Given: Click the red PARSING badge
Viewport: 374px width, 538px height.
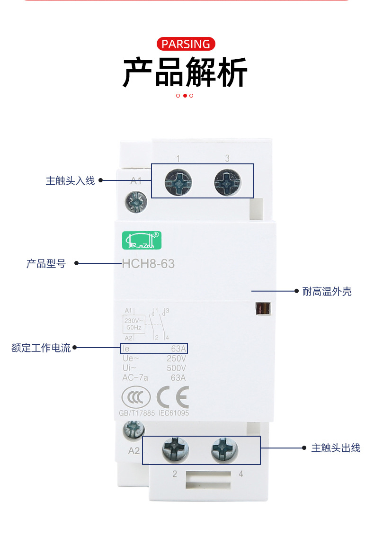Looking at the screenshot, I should [x=186, y=44].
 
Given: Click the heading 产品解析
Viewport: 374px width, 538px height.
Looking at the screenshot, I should [x=186, y=72].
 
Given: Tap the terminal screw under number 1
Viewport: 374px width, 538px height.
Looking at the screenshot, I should [x=178, y=181].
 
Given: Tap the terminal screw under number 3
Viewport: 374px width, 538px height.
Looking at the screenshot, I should [x=227, y=181].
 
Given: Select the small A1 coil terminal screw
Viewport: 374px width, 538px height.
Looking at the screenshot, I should [x=136, y=203].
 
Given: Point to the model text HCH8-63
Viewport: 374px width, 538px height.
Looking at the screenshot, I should [x=148, y=263].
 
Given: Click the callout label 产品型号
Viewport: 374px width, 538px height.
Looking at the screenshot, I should [x=46, y=264].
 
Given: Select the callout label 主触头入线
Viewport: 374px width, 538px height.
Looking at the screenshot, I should [x=70, y=180].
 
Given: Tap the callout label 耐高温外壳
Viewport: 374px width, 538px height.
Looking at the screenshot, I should [x=327, y=291].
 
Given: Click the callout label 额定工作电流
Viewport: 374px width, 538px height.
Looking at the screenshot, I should [x=41, y=348].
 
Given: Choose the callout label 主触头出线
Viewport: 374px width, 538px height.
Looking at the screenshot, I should [x=335, y=448].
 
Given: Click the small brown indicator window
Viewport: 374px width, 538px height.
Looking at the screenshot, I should [x=262, y=309].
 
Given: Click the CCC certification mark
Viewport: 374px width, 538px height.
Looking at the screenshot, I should [x=136, y=397].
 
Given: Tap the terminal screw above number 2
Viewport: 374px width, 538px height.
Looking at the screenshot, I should [x=175, y=449].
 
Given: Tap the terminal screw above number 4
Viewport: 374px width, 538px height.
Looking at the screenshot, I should [x=223, y=449].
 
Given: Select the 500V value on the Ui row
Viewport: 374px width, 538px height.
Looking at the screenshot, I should [x=177, y=368].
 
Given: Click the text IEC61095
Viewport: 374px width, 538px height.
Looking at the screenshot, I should [x=173, y=413].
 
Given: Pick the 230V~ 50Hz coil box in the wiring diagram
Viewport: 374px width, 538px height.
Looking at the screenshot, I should [x=134, y=324].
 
